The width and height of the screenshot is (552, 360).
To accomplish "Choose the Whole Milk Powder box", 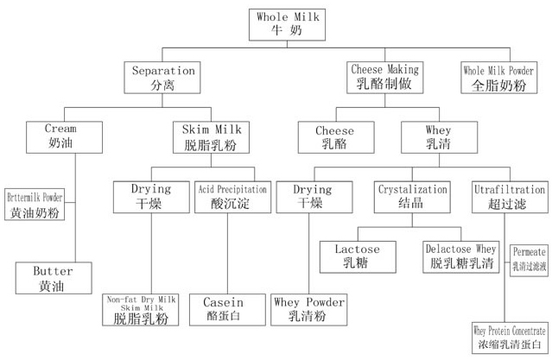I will (x=500, y=77).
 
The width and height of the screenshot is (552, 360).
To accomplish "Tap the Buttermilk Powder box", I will (x=40, y=204).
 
